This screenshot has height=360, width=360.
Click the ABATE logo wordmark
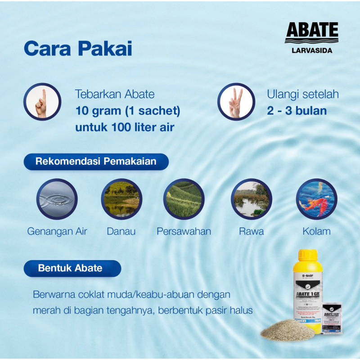tap(311, 31)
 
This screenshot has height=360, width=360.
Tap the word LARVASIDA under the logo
tap(311, 50)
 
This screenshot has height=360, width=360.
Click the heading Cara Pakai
tap(78, 48)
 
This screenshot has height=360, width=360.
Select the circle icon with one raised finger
tap(42, 102)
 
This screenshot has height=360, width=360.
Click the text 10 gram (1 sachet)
tap(128, 111)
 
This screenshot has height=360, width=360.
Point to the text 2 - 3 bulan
tap(297, 111)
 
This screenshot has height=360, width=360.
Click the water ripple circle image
tap(57, 199)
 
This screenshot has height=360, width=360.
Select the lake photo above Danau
tap(121, 199)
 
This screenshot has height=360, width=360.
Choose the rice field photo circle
tap(184, 199)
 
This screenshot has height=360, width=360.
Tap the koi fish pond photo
tap(316, 199)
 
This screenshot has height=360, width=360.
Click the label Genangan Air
tap(57, 232)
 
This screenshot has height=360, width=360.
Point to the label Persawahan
tap(184, 232)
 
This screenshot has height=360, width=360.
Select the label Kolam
tap(316, 232)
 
